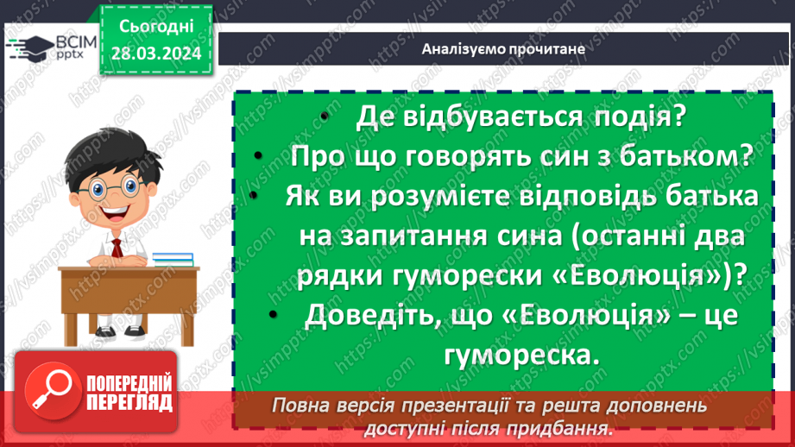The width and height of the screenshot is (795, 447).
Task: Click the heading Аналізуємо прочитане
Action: (x=504, y=48)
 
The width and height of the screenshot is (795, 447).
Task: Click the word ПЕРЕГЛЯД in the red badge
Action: (x=128, y=403)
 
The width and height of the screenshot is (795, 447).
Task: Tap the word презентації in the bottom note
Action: (x=496, y=405)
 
